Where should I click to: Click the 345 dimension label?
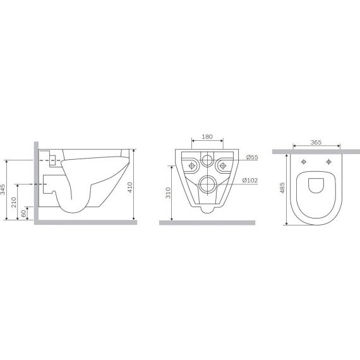[x=3, y=189]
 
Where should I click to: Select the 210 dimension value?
[x=14, y=202]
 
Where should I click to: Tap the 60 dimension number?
[x=23, y=213]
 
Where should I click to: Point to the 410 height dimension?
[x=130, y=187]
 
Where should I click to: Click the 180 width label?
[x=207, y=136]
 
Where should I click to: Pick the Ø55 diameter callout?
[x=252, y=157]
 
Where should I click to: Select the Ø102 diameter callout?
[x=250, y=181]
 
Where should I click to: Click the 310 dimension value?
[x=168, y=193]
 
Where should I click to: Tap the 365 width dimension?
[x=316, y=142]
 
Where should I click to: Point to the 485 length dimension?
[x=282, y=188]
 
